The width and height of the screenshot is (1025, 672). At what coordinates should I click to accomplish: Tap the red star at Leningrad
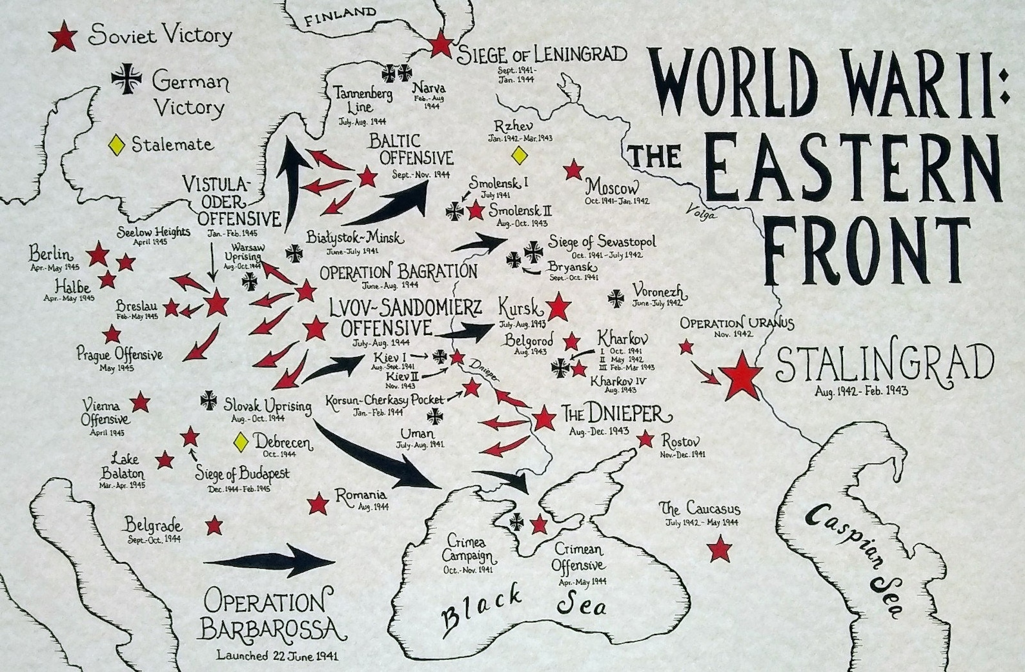pos(441,44)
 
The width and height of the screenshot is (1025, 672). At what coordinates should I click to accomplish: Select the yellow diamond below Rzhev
pos(518,155)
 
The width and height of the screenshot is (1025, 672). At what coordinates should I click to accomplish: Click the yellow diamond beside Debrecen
pos(241,442)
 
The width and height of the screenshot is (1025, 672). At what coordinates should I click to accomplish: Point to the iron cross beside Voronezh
pos(616,298)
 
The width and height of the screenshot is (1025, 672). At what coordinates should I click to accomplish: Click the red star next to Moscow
pos(573,170)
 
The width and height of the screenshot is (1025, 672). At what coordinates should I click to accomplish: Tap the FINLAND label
pos(340,15)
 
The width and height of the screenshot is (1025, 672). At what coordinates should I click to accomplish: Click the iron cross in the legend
pos(127,78)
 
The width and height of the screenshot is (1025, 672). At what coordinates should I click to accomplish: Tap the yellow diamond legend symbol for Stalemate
pos(116,145)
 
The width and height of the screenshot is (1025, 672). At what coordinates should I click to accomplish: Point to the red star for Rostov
pos(645,440)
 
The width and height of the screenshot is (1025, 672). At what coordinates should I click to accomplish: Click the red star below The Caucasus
pos(719,550)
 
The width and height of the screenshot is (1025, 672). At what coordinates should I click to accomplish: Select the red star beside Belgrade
pos(214,525)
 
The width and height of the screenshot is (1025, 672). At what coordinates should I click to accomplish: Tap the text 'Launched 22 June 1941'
pos(277,656)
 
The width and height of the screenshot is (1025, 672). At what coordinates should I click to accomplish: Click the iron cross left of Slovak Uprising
pos(209,400)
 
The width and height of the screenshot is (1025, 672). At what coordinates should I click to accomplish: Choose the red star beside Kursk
pos(558,307)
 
